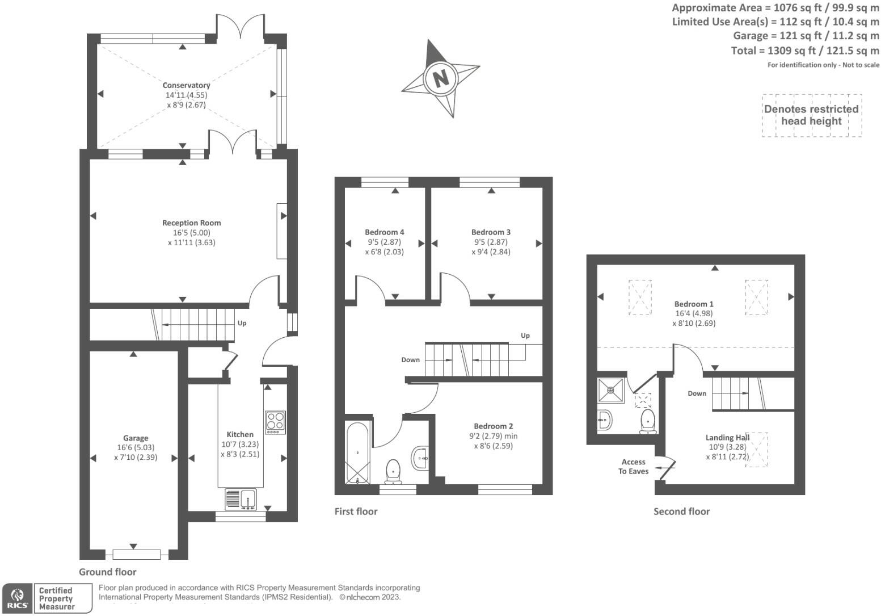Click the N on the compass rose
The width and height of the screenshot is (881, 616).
tap(440, 78)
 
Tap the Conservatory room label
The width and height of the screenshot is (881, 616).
tap(186, 85)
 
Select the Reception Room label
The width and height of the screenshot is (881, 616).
tap(192, 223)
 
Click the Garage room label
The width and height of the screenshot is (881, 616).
tap(136, 438)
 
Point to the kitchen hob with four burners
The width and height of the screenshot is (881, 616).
tap(275, 422)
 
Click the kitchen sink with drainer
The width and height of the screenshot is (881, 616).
tap(241, 499)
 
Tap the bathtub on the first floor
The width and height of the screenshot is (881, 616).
tap(357, 453)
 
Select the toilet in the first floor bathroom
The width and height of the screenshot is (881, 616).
tap(393, 472)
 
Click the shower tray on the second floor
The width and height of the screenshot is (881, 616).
tap(610, 390)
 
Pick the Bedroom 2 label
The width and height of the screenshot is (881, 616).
tap(493, 426)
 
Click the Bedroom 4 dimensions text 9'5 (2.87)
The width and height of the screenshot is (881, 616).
tap(384, 242)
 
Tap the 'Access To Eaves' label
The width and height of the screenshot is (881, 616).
tap(633, 467)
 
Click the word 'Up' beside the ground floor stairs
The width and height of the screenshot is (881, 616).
tap(242, 323)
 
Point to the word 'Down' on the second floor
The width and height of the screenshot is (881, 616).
tap(697, 393)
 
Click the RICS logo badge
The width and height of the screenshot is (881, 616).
tap(18, 598)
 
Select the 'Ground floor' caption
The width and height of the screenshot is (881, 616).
tap(107, 572)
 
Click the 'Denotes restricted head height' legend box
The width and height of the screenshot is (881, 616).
tap(812, 115)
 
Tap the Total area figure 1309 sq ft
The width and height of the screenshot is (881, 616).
tap(782, 51)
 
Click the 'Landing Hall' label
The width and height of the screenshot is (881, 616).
tap(728, 437)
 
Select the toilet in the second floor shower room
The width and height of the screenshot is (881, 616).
tap(648, 421)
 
